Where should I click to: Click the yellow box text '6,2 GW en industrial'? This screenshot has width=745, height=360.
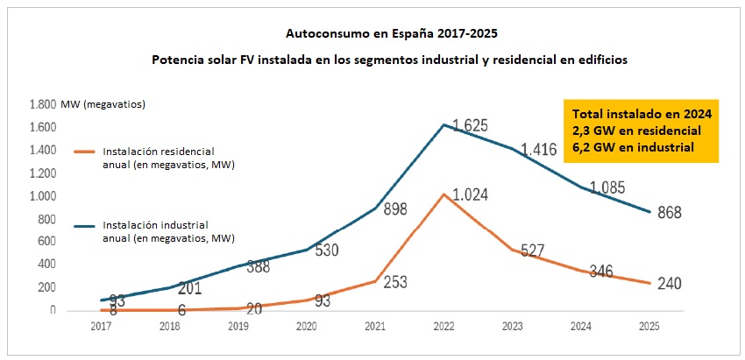click(632, 147)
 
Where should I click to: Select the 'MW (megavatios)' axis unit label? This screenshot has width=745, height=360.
click(103, 105)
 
